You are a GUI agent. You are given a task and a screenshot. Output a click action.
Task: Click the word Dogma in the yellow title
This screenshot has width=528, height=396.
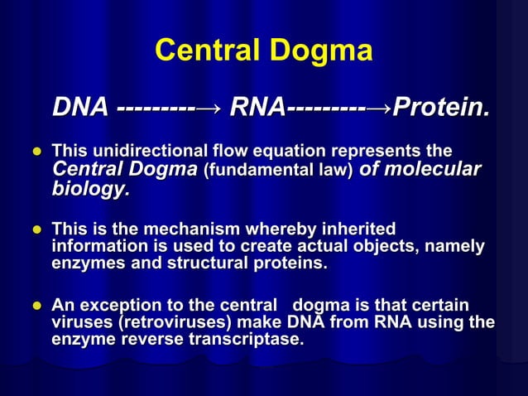click(321, 52)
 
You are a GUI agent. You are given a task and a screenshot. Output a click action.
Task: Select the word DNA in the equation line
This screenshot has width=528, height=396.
click(80, 108)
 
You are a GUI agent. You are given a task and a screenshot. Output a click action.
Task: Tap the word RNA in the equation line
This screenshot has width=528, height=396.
click(257, 108)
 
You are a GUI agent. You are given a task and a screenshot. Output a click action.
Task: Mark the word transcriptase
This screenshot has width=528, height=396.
click(241, 340)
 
